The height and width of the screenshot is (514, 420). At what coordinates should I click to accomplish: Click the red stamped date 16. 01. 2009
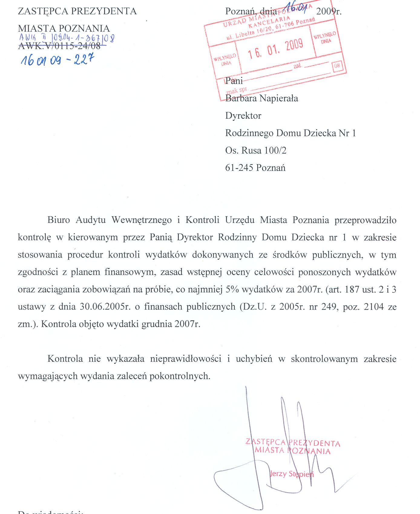(x=275, y=49)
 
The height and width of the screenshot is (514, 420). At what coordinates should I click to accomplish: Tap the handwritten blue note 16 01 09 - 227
(x=57, y=60)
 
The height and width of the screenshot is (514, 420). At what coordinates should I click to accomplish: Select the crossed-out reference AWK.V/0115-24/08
(x=59, y=46)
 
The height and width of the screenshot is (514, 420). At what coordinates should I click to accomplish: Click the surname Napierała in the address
(x=280, y=98)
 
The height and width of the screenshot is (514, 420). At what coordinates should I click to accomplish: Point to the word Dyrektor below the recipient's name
(x=243, y=116)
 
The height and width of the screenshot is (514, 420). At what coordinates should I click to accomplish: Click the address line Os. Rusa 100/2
(x=256, y=151)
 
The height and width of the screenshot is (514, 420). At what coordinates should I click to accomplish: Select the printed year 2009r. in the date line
(x=329, y=12)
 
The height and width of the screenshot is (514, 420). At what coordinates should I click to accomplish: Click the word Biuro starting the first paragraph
(x=59, y=220)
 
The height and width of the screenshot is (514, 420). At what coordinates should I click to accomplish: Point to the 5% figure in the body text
(x=232, y=290)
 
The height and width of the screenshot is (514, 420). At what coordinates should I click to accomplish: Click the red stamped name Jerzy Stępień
(x=291, y=474)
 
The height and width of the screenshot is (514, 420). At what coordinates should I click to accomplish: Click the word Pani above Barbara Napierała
(x=234, y=81)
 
